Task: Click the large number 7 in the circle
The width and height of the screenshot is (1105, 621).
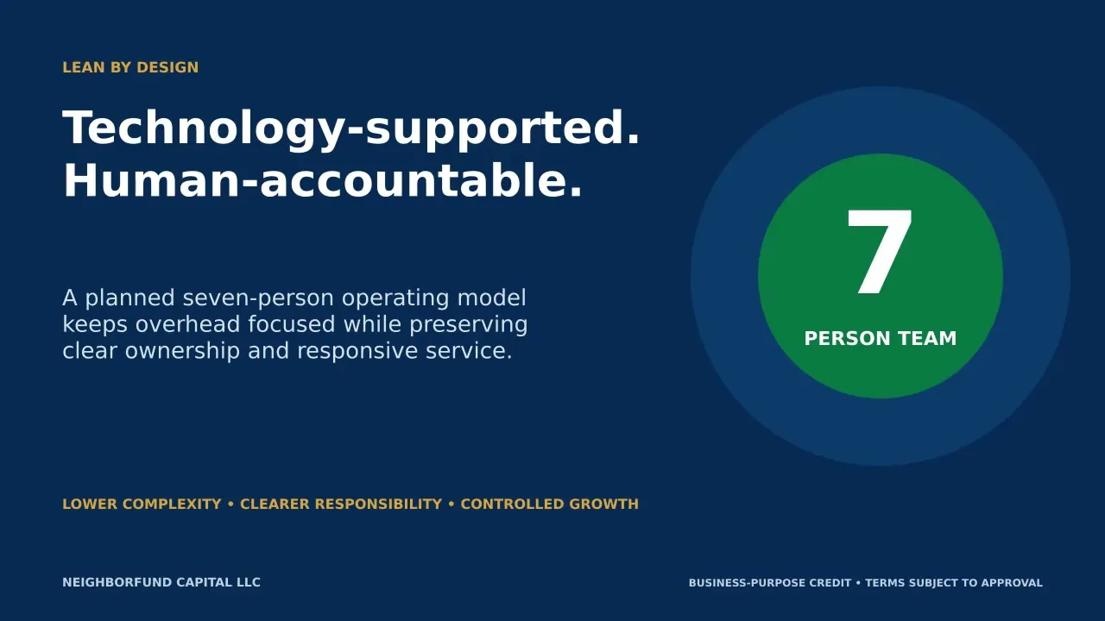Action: pos(880,252)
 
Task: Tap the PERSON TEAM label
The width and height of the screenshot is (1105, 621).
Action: pos(881,339)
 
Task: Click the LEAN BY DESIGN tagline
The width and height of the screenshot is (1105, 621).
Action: pos(130,67)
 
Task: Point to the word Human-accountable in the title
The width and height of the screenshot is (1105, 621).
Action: pos(316,180)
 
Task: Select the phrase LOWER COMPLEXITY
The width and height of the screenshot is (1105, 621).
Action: pos(142,505)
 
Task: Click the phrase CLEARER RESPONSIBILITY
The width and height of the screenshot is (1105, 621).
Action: pos(341,505)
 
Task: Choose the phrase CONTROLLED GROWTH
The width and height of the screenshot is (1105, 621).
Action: pos(550,505)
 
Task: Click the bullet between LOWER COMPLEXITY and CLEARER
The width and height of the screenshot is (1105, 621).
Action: pos(230,505)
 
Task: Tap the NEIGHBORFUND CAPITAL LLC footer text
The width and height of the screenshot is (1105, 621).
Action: pos(161,582)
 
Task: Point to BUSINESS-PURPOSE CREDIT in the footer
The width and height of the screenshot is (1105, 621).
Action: pos(770,583)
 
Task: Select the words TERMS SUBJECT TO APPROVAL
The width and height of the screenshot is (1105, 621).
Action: pos(954,583)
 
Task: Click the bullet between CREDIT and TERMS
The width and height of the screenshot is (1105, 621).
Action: pos(858,583)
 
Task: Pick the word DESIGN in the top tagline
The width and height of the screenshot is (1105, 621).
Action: pos(167,67)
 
